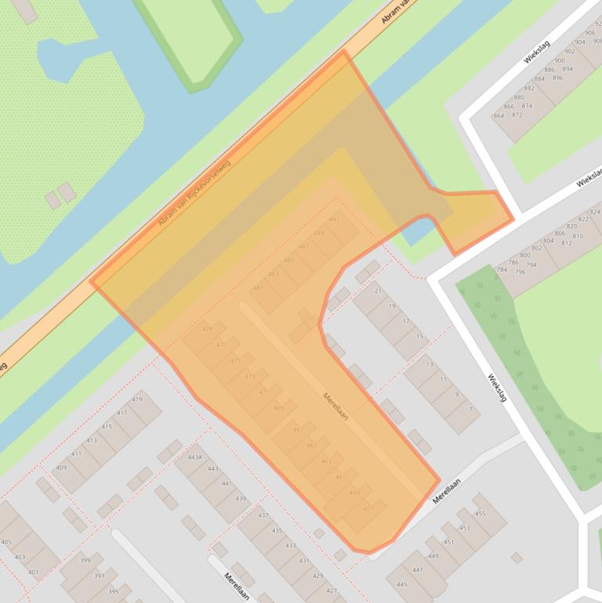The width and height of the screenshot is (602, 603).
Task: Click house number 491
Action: (334, 219)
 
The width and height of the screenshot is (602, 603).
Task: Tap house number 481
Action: (258, 288)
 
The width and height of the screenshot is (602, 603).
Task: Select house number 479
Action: (207, 329)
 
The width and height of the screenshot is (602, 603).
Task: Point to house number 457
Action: (369, 508)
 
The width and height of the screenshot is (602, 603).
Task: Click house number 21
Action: (378, 291)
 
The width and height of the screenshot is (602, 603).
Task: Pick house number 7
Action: (470, 410)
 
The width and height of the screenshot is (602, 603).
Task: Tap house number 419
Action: (137, 399)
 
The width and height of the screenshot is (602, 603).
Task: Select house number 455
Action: (480, 514)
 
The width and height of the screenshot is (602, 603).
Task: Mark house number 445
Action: (402, 584)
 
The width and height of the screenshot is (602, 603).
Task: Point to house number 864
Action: (499, 116)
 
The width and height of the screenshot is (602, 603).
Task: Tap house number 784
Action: (502, 270)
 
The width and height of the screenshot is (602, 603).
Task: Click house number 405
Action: (6, 542)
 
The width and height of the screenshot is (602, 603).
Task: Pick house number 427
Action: (332, 590)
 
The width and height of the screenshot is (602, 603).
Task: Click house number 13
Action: (430, 364)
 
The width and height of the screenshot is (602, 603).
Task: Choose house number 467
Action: (298, 429)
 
